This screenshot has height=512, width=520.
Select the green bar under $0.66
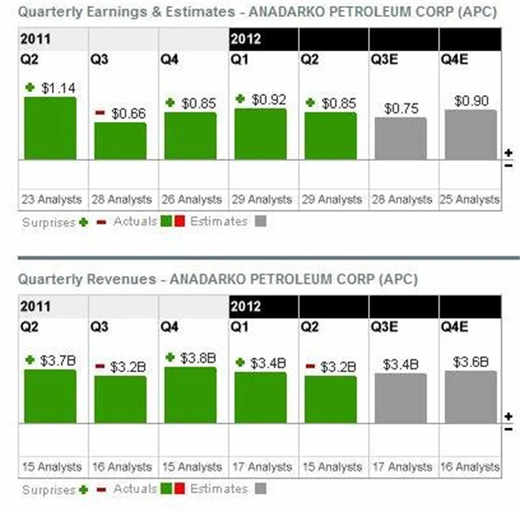120,141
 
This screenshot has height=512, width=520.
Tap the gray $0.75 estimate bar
401,138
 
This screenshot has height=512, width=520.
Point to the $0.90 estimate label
470,101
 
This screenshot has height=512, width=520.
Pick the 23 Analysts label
50,199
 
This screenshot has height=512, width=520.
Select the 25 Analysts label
470,199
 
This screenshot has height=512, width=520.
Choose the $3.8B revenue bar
190,395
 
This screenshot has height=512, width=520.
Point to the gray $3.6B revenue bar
470,397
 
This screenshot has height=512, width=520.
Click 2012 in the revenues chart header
245,306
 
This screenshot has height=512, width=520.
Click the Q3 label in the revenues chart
98,326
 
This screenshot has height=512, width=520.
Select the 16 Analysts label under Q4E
470,466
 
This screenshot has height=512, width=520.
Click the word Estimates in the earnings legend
219,221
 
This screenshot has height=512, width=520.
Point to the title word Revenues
128,279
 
